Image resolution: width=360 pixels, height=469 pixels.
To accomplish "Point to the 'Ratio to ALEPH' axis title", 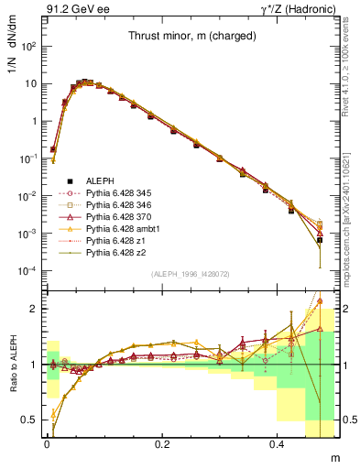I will (x=12, y=365).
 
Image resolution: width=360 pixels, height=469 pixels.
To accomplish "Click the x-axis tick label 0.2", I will (x=162, y=445).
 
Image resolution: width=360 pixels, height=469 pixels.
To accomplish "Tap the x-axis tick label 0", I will (x=47, y=445).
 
